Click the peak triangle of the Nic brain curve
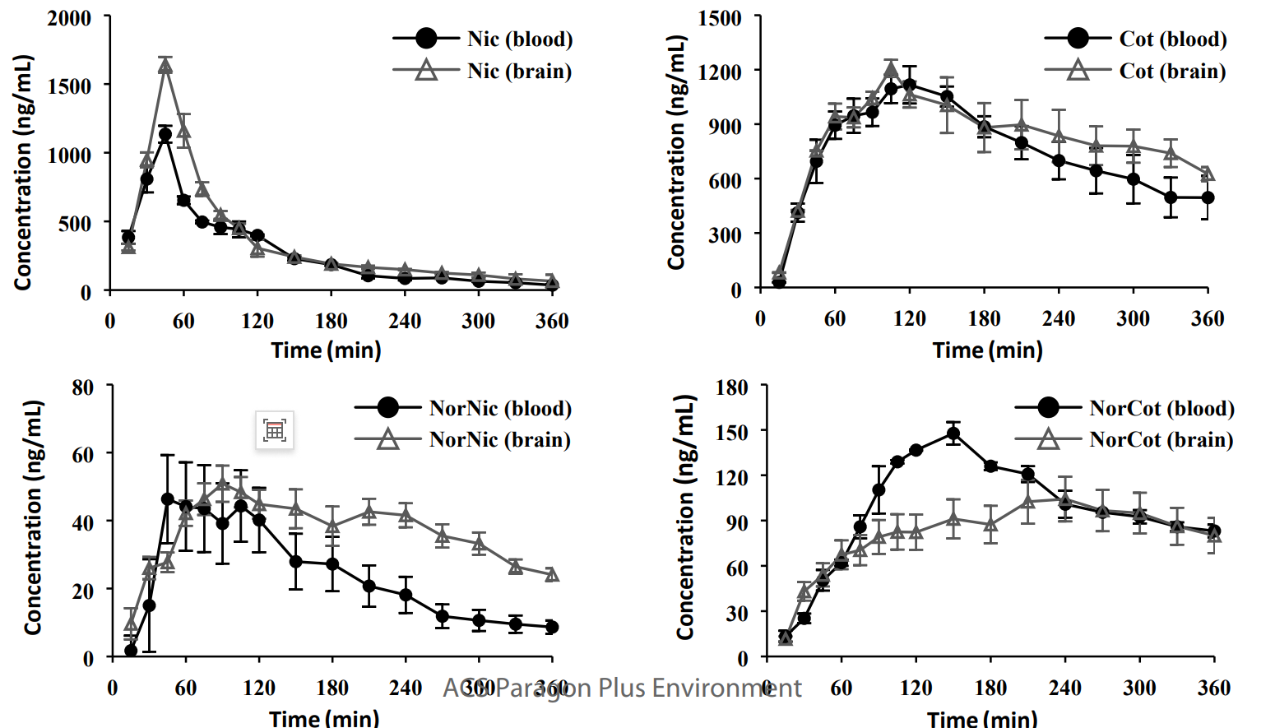[165, 66]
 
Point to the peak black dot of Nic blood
[165, 134]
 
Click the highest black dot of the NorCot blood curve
[953, 434]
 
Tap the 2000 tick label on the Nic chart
[69, 18]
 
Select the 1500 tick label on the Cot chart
[720, 18]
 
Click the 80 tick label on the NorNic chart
[82, 387]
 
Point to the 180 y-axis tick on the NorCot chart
[731, 387]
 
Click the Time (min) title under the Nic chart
[327, 350]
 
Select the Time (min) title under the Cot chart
[987, 350]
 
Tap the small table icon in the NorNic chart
[275, 430]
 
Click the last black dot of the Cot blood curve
[1208, 197]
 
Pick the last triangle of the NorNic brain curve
[552, 574]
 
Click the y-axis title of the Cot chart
[676, 152]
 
